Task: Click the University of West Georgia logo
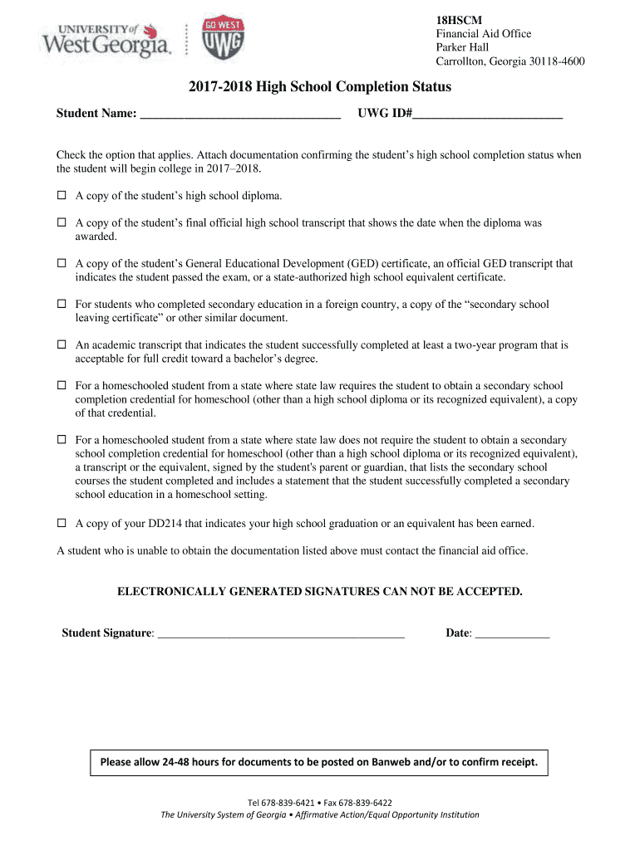click(x=106, y=39)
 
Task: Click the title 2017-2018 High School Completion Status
click(x=320, y=87)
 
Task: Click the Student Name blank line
click(x=240, y=115)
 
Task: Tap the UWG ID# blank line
click(x=488, y=115)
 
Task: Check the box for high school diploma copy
click(x=61, y=197)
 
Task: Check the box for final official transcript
click(x=61, y=223)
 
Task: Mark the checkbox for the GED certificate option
click(x=61, y=264)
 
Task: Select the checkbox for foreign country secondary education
click(x=61, y=305)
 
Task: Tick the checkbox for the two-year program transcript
click(x=61, y=344)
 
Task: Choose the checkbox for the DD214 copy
click(x=61, y=524)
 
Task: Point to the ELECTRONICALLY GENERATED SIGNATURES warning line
click(x=320, y=592)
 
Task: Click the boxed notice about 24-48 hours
click(x=319, y=761)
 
